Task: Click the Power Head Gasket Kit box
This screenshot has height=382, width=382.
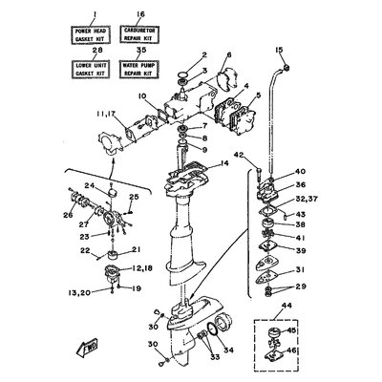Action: point(94,36)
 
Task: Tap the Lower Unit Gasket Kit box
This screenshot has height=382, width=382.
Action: point(94,69)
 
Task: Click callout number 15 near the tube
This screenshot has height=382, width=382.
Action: point(279,49)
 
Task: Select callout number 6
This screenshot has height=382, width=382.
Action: point(229,55)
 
